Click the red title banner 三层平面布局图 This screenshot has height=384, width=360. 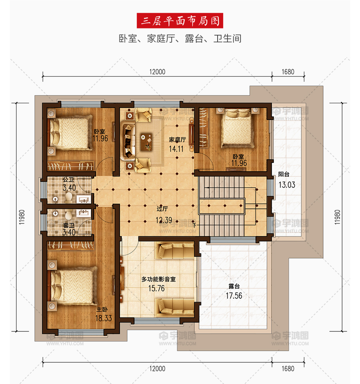click(x=180, y=21)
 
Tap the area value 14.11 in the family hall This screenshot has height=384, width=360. click(x=176, y=149)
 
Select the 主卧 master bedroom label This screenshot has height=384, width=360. click(x=102, y=309)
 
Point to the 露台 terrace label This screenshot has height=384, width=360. click(x=234, y=286)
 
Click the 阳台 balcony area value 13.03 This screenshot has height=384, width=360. click(x=287, y=185)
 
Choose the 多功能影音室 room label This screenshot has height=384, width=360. click(x=159, y=279)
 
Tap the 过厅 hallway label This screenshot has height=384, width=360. click(x=162, y=209)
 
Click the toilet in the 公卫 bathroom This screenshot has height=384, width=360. click(x=68, y=198)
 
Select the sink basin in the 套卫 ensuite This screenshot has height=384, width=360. click(x=83, y=213)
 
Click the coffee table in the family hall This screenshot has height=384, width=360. click(x=146, y=142)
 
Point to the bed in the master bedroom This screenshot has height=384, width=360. click(x=73, y=286)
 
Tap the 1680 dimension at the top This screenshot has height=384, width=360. click(x=288, y=72)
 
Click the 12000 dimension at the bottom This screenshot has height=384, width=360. click(x=157, y=369)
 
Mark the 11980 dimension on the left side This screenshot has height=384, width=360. click(x=22, y=217)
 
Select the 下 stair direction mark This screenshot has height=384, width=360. click(x=194, y=225)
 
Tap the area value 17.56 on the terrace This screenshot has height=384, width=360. click(x=234, y=295)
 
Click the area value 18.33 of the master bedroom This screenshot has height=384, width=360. click(x=103, y=318)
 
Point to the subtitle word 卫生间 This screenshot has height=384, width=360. click(x=227, y=38)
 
